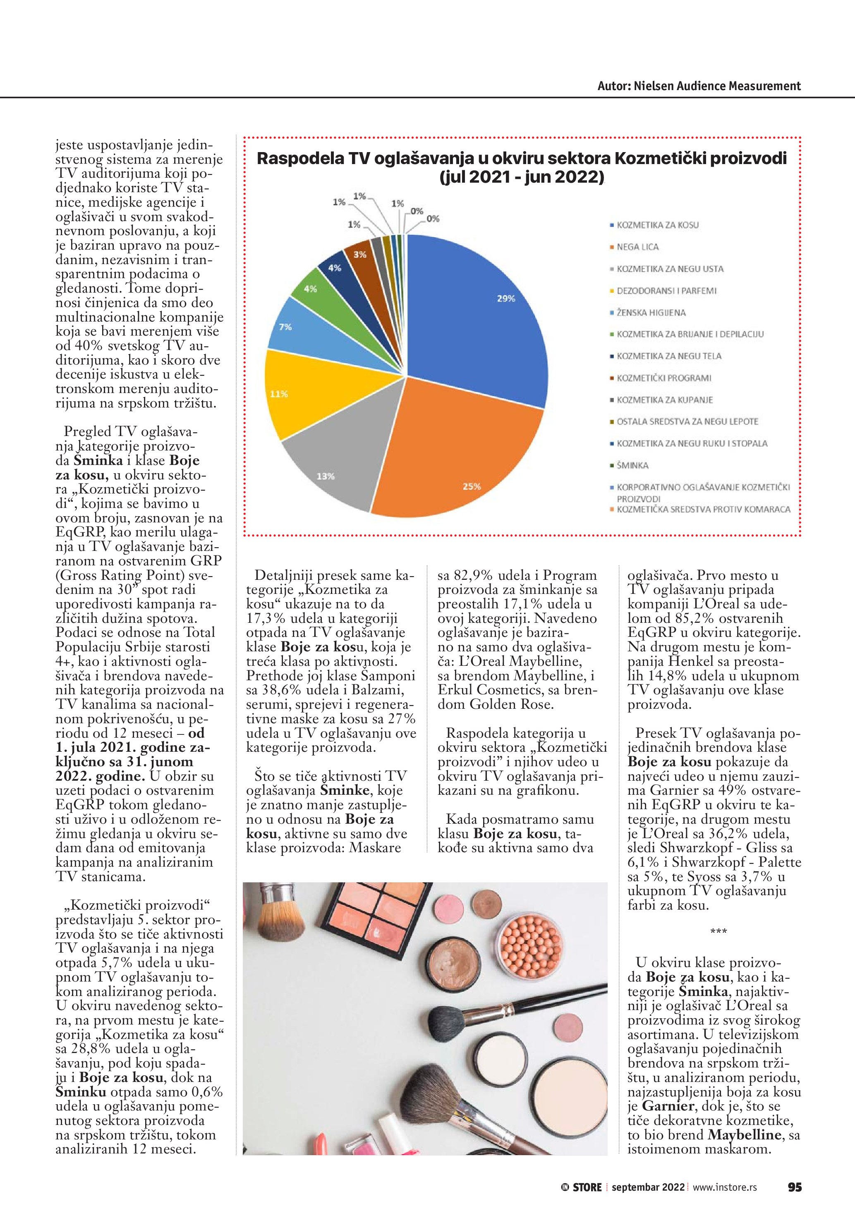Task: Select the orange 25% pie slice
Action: click(453, 453)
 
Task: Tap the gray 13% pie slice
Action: click(337, 463)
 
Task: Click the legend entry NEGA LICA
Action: click(637, 247)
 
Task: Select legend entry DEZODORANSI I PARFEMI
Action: click(666, 291)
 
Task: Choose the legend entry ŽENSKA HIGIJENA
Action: click(651, 312)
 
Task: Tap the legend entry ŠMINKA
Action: click(632, 465)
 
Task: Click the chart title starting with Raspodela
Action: click(521, 167)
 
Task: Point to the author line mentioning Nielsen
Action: click(699, 86)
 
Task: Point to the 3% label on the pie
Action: click(359, 255)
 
